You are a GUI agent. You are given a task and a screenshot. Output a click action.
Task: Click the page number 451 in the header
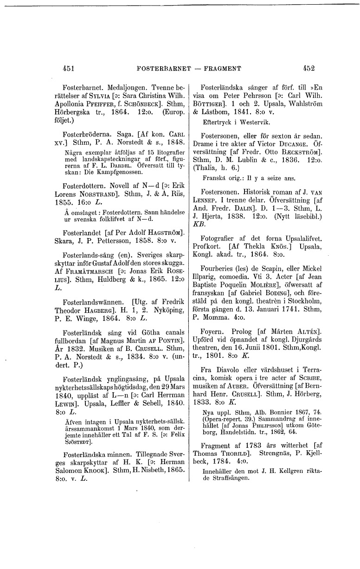[x=69, y=68]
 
